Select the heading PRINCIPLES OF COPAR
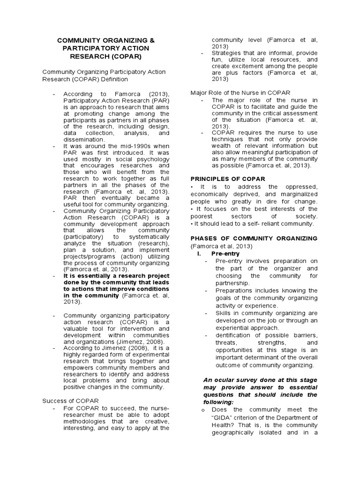[x=228, y=179]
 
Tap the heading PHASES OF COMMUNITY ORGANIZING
[x=254, y=239]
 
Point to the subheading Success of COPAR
[x=70, y=401]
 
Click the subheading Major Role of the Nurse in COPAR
[x=240, y=92]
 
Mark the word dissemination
[x=83, y=140]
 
